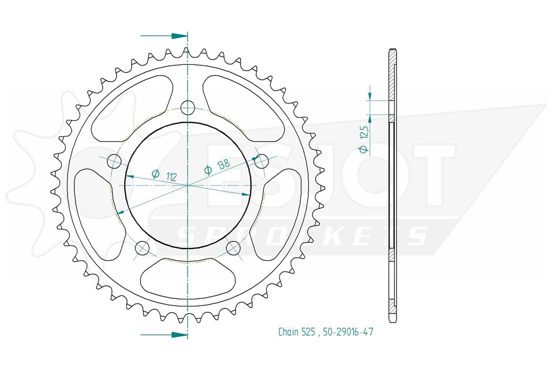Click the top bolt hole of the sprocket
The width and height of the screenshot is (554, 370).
[187, 108]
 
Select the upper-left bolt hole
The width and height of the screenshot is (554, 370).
[114, 161]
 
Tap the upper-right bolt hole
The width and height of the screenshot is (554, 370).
[261, 161]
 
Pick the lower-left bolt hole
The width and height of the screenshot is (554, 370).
[143, 247]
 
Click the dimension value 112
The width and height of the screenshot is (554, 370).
[171, 176]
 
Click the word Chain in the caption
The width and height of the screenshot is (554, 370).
[288, 332]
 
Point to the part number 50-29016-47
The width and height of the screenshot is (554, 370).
[347, 332]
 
